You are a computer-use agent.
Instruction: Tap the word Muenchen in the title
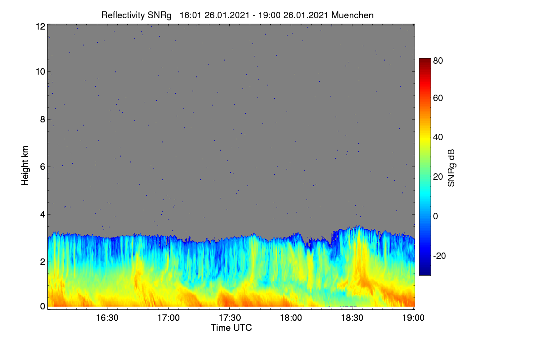(352, 15)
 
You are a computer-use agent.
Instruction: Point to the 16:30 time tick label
(107, 318)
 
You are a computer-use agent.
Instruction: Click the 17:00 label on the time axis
(168, 318)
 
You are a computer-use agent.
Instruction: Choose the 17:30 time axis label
(230, 318)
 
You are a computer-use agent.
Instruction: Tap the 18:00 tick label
(291, 318)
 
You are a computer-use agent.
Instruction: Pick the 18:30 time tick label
(352, 318)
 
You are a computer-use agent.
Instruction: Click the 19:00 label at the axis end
(413, 318)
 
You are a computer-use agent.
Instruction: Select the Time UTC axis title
(231, 328)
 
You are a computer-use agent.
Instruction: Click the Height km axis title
(25, 166)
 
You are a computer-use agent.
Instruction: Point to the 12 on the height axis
(40, 26)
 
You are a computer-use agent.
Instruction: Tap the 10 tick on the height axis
(40, 72)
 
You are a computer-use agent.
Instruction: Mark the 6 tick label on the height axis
(43, 167)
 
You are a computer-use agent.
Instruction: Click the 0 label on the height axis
(43, 307)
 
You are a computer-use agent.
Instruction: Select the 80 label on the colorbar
(438, 61)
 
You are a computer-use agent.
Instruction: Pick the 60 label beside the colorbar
(438, 98)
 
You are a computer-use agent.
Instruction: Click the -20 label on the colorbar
(440, 256)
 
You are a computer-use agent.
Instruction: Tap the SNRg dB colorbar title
(451, 168)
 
